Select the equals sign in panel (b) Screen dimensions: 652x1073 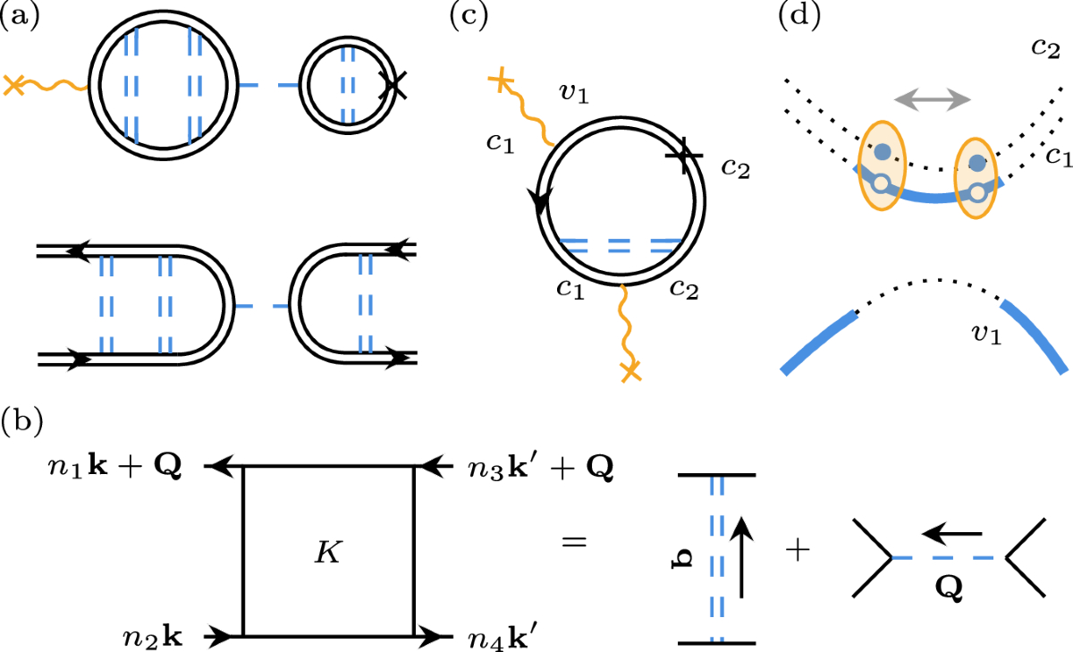coord(572,542)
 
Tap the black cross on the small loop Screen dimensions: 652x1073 coord(393,85)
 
